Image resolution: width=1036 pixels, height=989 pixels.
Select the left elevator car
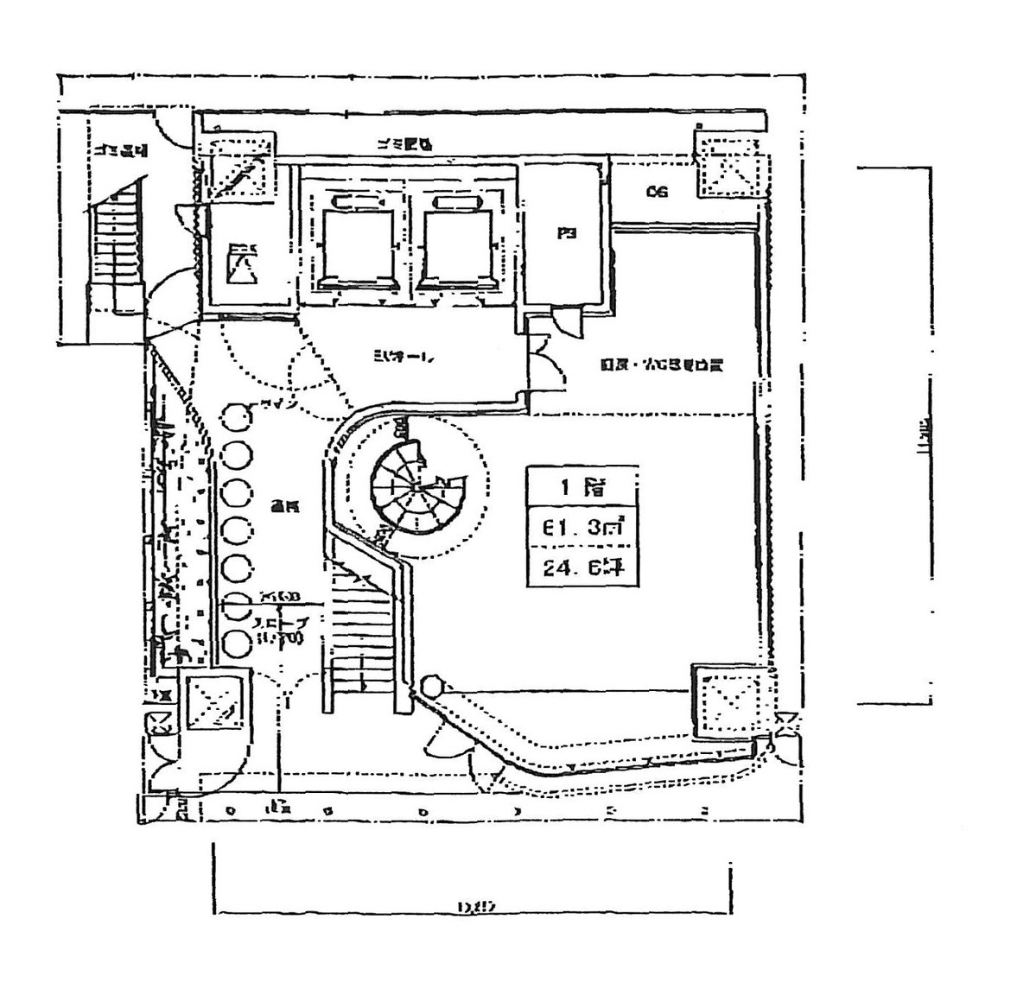355,244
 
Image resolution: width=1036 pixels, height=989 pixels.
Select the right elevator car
458,244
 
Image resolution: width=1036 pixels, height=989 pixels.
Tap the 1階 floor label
582,487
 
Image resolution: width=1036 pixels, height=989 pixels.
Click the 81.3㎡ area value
582,527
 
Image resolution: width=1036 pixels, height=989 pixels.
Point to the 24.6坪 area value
582,567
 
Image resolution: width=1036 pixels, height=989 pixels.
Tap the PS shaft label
567,233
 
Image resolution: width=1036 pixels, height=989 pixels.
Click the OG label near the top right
657,192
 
